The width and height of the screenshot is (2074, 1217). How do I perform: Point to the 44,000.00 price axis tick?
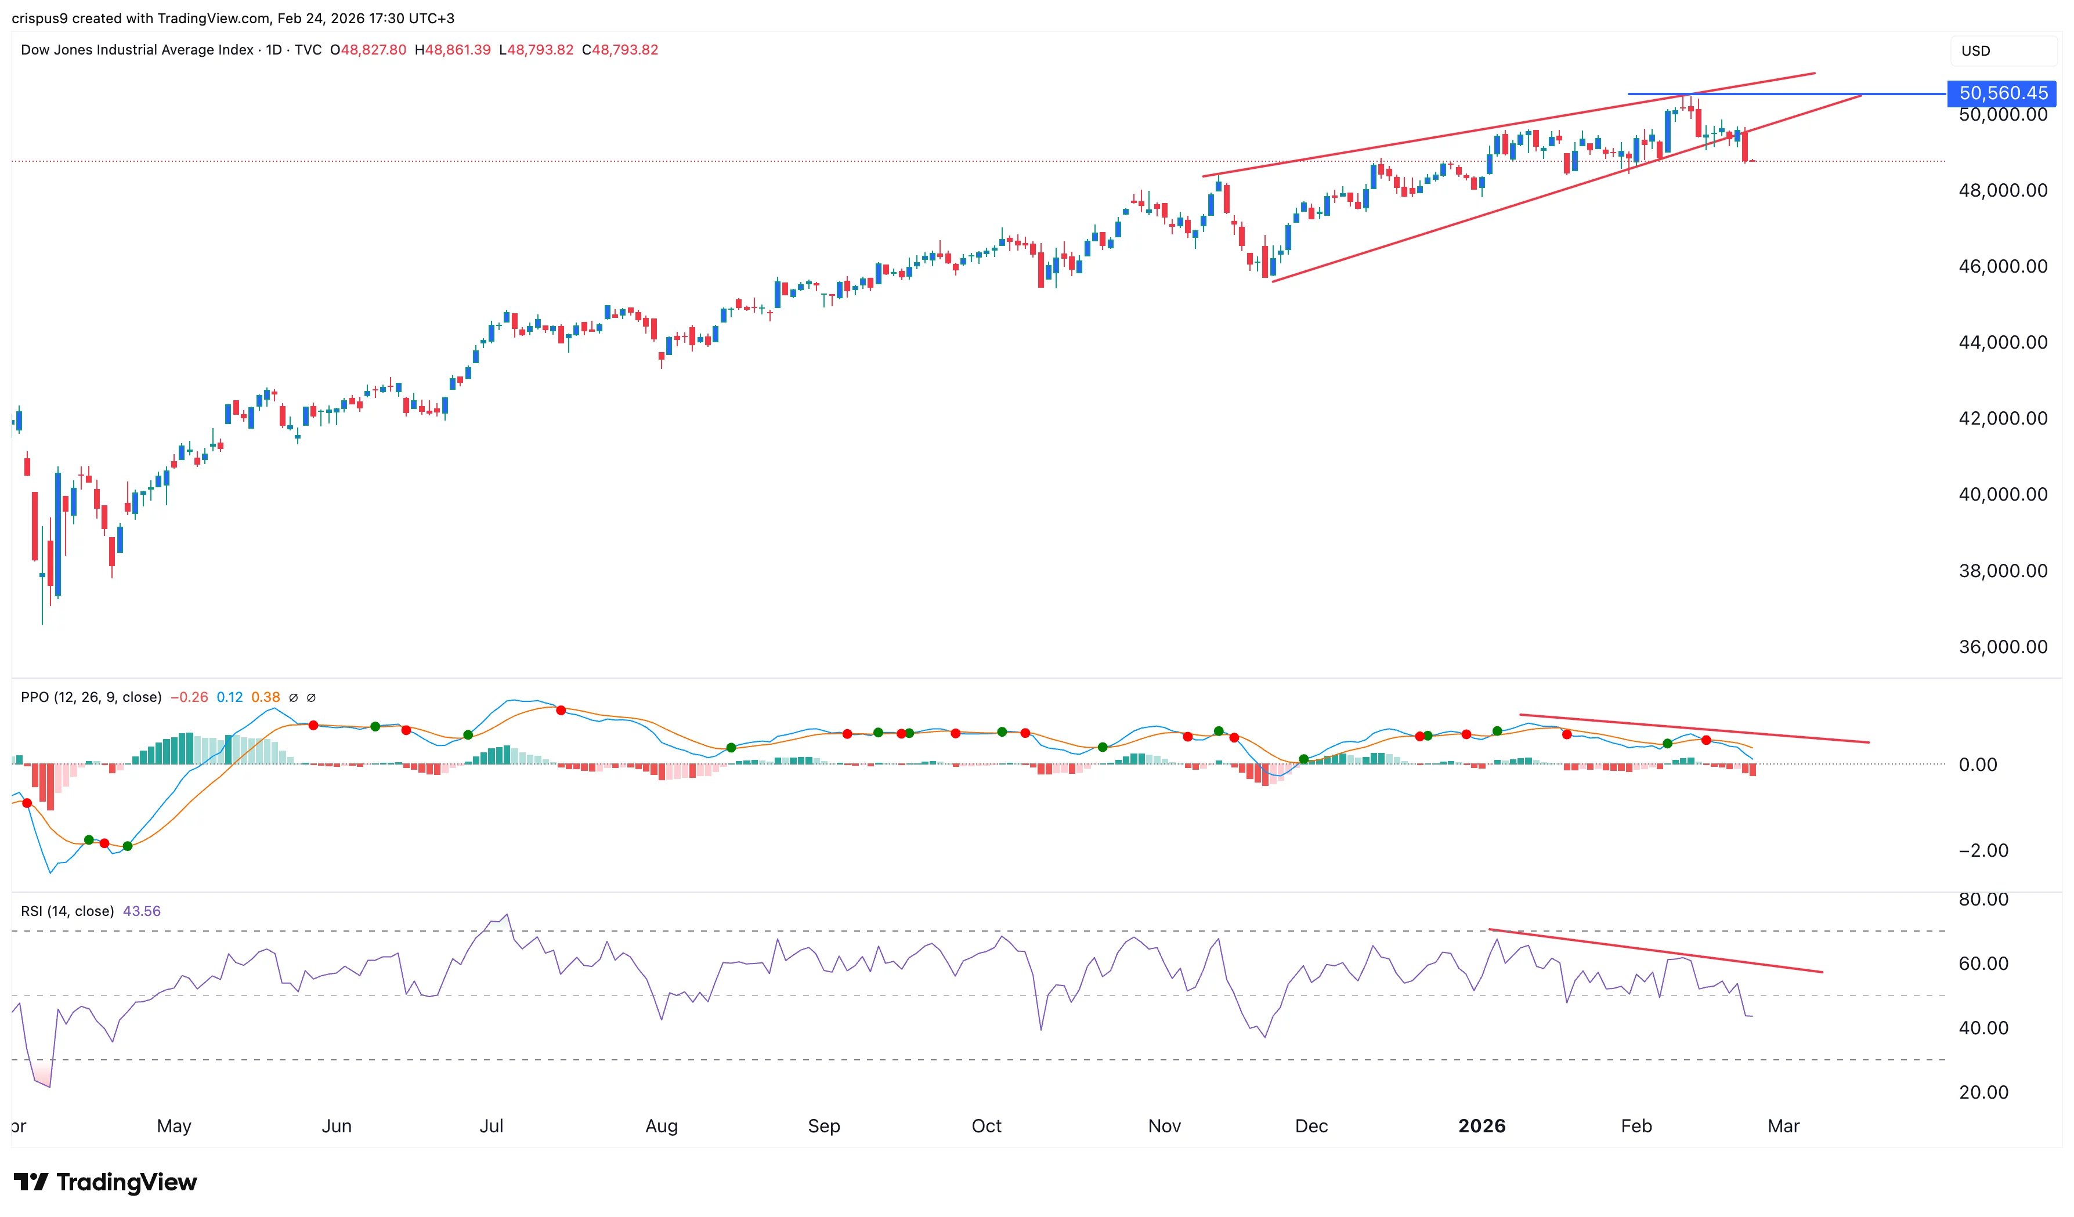(2003, 342)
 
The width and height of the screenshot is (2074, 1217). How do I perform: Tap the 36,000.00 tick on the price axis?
(2003, 647)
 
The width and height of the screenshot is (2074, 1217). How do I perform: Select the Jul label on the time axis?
(492, 1126)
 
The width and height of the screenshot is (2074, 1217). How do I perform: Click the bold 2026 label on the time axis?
(1482, 1126)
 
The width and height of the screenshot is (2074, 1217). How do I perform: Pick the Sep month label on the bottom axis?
(824, 1126)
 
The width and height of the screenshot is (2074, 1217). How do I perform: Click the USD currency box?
(1975, 50)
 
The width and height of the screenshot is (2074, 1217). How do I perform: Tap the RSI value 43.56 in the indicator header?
(142, 911)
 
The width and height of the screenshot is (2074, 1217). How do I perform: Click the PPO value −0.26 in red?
(189, 697)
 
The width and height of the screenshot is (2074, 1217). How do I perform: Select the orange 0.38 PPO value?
(265, 697)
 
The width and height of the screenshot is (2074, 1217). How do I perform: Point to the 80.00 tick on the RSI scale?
(1983, 899)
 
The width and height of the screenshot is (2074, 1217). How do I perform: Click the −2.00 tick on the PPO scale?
(1983, 850)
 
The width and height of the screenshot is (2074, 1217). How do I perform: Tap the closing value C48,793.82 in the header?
(620, 49)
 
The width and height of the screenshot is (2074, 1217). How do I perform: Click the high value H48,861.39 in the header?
(453, 49)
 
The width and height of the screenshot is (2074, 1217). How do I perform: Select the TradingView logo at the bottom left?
(106, 1182)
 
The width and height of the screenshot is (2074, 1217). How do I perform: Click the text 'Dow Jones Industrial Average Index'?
(136, 49)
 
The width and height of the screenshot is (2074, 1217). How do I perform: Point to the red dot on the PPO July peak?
(561, 710)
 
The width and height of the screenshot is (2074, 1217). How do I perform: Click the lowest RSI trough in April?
(49, 1086)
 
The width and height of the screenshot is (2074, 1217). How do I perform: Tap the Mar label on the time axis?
(1783, 1126)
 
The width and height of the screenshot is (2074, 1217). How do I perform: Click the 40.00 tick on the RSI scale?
(1983, 1028)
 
